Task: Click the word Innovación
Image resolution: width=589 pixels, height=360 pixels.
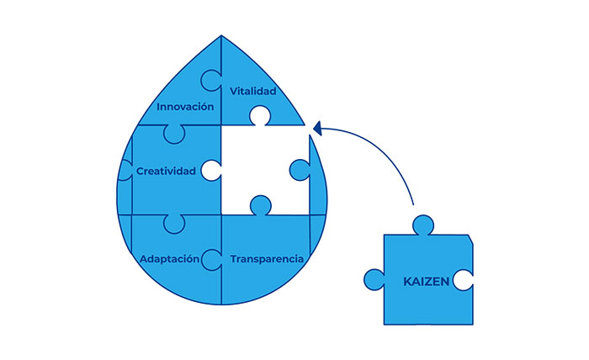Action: click(186, 108)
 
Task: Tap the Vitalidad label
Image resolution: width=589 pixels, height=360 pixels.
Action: click(252, 90)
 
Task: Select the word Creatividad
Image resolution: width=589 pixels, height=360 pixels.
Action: click(166, 171)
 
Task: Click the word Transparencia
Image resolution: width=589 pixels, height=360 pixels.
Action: click(267, 258)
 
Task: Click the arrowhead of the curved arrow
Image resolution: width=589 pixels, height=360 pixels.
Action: click(318, 128)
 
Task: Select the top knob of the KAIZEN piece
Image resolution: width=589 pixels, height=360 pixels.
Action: click(422, 225)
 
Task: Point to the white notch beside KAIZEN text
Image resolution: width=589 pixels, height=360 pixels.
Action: click(462, 279)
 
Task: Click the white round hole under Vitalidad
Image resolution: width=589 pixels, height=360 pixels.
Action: click(259, 115)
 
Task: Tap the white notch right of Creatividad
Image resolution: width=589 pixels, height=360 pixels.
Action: click(210, 171)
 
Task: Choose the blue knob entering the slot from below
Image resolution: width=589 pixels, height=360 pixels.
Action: click(260, 204)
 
